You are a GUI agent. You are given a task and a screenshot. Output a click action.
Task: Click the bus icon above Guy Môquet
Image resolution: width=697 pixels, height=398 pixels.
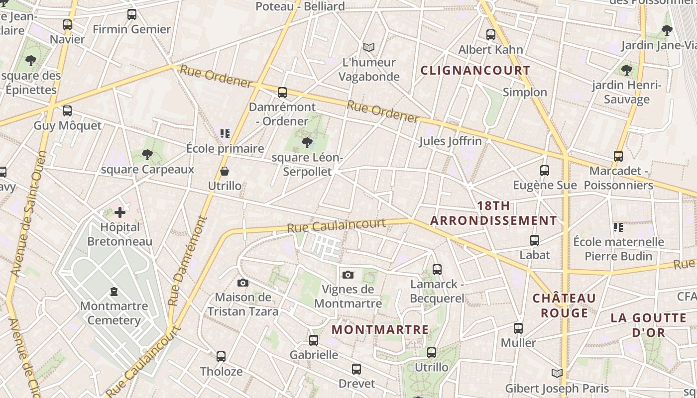67,111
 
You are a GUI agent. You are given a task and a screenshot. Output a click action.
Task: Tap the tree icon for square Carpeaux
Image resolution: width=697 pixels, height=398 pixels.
147,155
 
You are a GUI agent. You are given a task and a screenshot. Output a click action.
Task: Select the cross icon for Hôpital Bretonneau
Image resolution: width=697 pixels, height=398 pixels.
120,212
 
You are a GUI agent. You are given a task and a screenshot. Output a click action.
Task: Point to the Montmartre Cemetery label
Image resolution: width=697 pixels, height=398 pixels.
114,313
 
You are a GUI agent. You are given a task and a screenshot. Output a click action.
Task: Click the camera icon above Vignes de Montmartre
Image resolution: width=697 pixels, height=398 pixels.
348,275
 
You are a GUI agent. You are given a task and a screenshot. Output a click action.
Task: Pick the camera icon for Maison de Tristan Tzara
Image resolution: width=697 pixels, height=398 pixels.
243,283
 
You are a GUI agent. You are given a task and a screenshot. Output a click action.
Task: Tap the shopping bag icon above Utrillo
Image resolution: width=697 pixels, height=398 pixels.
225,172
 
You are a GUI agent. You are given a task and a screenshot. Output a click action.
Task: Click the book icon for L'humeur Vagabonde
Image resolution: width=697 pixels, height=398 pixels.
369,47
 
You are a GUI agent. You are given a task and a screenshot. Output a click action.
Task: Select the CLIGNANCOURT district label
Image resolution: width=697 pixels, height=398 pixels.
475,70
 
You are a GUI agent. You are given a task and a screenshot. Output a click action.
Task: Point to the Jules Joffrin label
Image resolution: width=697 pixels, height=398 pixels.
451,141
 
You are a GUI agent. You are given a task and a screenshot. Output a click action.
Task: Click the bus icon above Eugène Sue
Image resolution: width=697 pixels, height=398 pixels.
545,171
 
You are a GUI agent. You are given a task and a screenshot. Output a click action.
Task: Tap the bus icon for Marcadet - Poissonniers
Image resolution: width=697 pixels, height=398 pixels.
618,156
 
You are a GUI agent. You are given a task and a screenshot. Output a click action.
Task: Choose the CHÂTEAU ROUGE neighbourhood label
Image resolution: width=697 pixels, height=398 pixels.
564,305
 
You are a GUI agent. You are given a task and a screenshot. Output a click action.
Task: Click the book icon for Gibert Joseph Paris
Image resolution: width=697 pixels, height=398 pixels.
557,373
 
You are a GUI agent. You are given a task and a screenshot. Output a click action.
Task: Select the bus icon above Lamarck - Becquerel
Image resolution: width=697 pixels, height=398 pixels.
437,270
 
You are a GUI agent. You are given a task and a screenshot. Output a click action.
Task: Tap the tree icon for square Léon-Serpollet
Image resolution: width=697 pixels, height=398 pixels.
307,143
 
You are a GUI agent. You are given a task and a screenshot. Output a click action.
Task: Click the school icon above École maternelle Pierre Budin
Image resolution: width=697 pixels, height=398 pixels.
618,227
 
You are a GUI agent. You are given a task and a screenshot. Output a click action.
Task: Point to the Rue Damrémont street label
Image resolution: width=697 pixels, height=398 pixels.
188,261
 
